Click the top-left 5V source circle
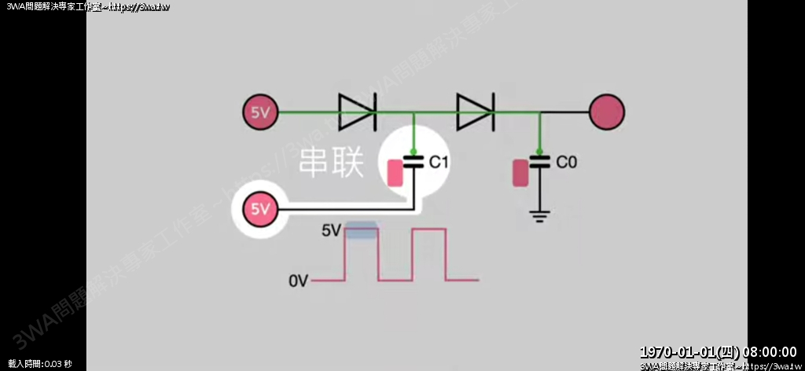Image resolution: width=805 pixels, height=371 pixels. (x=260, y=112)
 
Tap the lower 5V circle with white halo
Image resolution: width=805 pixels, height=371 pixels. (x=260, y=209)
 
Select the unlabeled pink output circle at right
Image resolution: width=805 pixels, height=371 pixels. (x=607, y=112)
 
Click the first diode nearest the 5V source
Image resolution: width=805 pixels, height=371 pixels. (x=358, y=112)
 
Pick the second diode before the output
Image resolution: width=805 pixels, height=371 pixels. (x=475, y=112)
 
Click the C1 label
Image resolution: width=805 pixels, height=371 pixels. (x=438, y=163)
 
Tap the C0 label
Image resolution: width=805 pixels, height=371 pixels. (x=566, y=163)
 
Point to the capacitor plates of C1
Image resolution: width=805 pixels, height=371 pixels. (x=414, y=163)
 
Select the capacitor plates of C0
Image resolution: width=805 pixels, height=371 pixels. (x=539, y=163)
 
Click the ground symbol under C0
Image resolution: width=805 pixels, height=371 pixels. (x=539, y=215)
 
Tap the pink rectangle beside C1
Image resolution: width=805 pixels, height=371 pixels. (x=395, y=173)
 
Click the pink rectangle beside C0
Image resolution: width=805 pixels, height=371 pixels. (x=520, y=173)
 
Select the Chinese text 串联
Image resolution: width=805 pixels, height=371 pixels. (x=331, y=163)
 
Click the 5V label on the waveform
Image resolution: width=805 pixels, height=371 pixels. (x=331, y=231)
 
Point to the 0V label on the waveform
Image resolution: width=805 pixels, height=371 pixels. (x=300, y=280)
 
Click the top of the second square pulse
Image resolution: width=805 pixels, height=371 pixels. (x=429, y=230)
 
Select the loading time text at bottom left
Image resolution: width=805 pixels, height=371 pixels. (x=39, y=364)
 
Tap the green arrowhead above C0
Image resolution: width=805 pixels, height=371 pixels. (x=539, y=152)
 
